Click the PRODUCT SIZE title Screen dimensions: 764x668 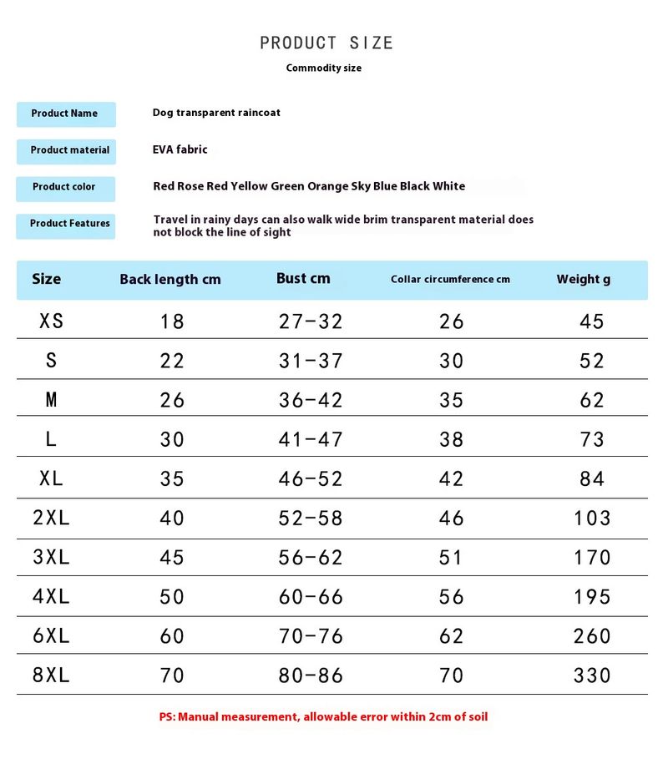pyautogui.click(x=326, y=43)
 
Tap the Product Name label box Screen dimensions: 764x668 pyautogui.click(x=66, y=114)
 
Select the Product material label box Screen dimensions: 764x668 pyautogui.click(x=66, y=150)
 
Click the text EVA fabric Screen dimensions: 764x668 pyautogui.click(x=180, y=149)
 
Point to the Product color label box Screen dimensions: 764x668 pyautogui.click(x=66, y=187)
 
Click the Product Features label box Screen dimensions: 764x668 pyautogui.click(x=66, y=224)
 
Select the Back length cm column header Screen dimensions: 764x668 pyautogui.click(x=170, y=280)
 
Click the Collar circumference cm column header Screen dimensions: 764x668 pyautogui.click(x=450, y=280)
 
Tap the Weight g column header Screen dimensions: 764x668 pyautogui.click(x=583, y=280)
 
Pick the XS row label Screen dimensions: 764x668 pyautogui.click(x=51, y=321)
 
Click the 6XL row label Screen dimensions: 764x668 pyautogui.click(x=51, y=636)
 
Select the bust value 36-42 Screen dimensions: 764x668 pyautogui.click(x=311, y=400)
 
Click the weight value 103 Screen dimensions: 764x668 pyautogui.click(x=592, y=519)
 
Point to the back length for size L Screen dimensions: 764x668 pyautogui.click(x=172, y=439)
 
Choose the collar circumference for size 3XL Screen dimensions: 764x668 pyautogui.click(x=451, y=558)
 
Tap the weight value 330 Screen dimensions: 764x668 pyautogui.click(x=592, y=675)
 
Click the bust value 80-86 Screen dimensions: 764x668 pyautogui.click(x=311, y=675)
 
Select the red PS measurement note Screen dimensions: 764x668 pyautogui.click(x=323, y=716)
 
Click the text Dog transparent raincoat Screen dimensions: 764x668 pyautogui.click(x=216, y=113)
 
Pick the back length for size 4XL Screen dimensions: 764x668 pyautogui.click(x=172, y=597)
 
